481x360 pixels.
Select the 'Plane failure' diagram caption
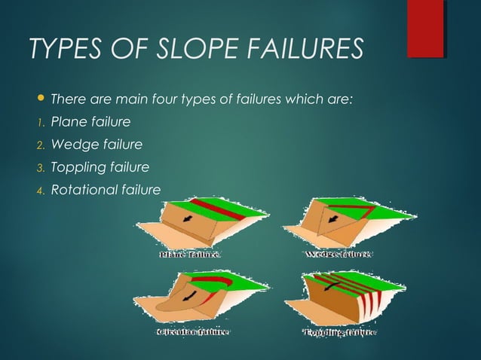[x=188, y=255]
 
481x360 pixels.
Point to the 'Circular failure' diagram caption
[x=192, y=331]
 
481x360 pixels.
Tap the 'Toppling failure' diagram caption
[x=339, y=331]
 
